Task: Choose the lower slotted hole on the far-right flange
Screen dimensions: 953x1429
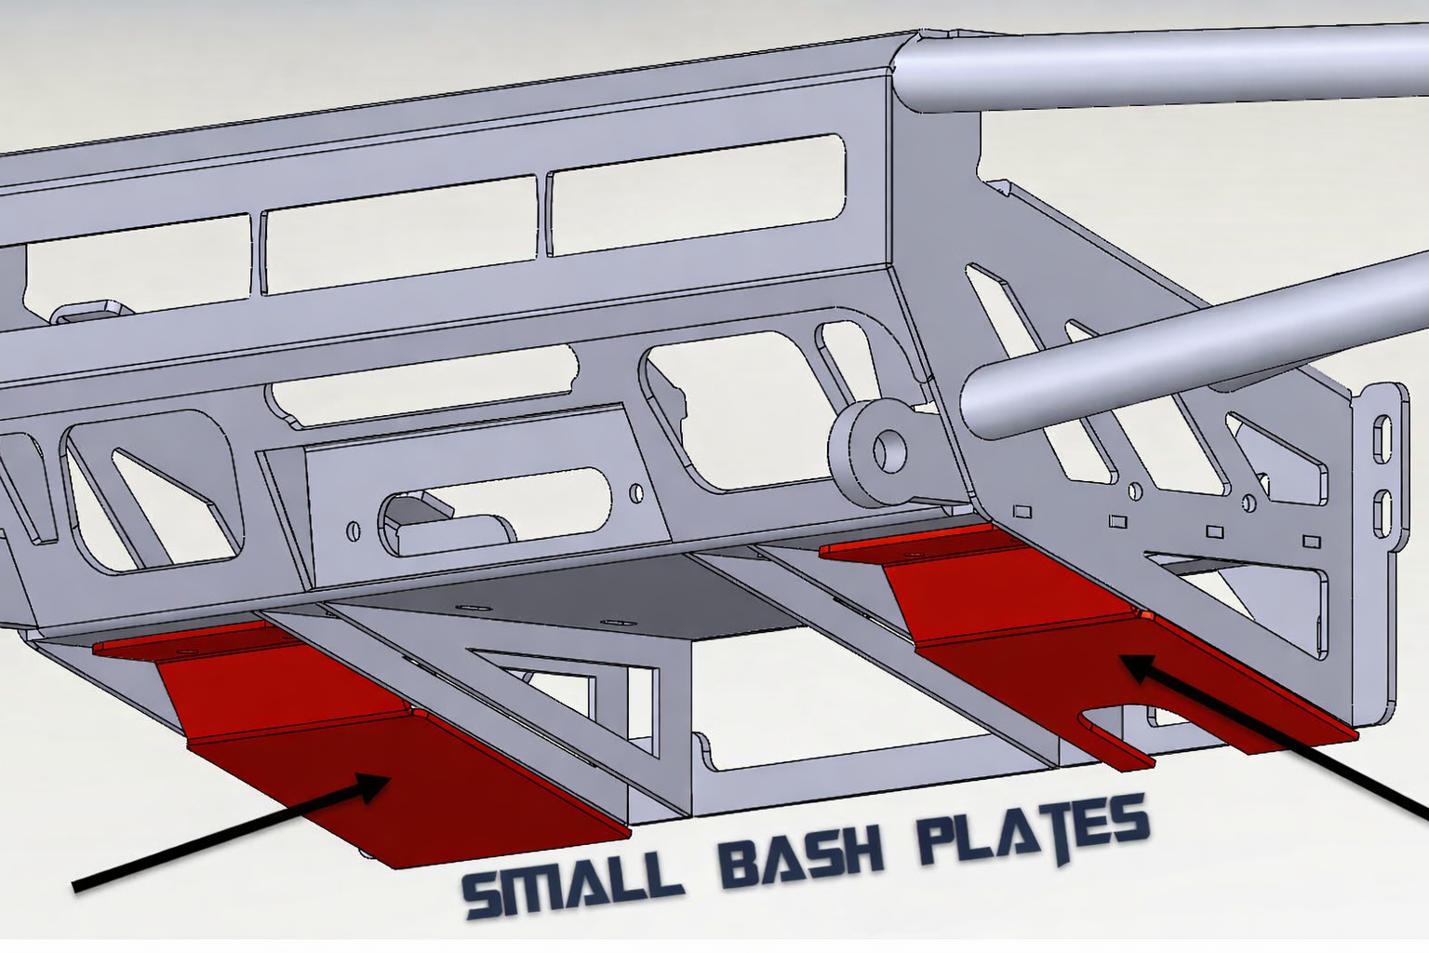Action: pyautogui.click(x=1382, y=508)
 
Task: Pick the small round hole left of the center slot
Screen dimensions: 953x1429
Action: pyautogui.click(x=354, y=531)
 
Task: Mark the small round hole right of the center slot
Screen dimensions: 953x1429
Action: pyautogui.click(x=634, y=490)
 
